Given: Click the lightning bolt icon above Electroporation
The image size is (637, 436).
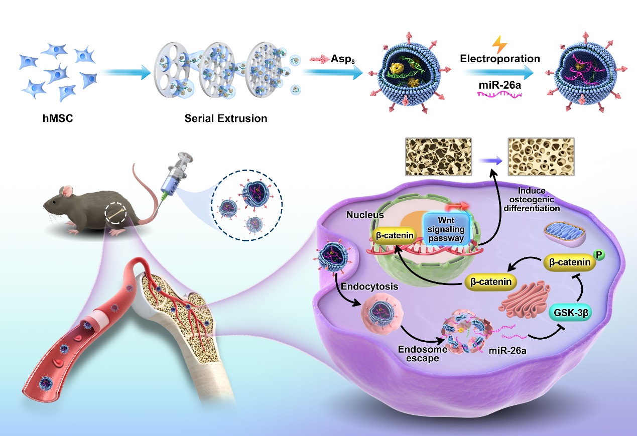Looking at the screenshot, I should click(x=499, y=44).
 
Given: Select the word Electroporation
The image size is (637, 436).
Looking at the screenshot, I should click(x=499, y=59).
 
